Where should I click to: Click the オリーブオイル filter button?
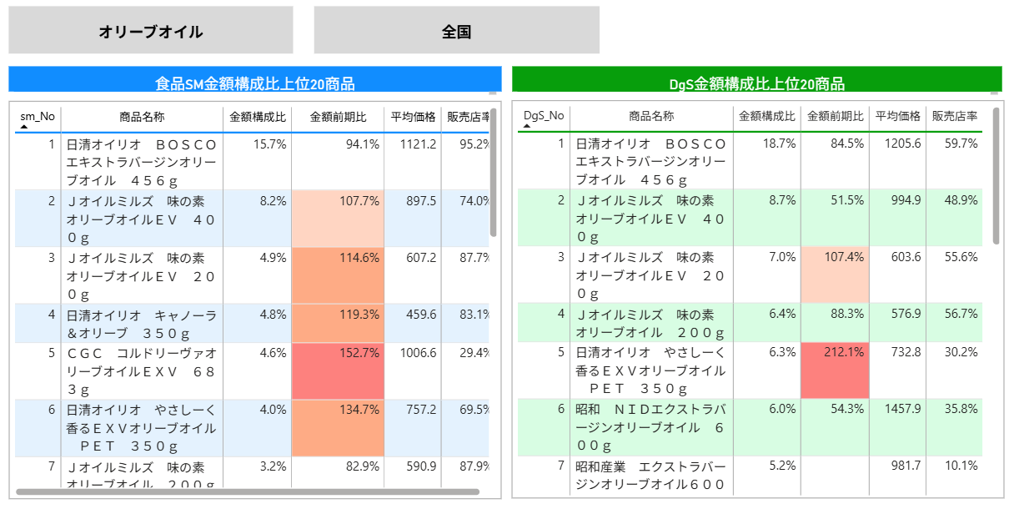pyautogui.click(x=151, y=31)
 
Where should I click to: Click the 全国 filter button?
pyautogui.click(x=456, y=31)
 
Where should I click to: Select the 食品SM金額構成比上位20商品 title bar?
pyautogui.click(x=255, y=83)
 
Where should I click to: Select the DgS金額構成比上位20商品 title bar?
pyautogui.click(x=756, y=83)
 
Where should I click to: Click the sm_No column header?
pyautogui.click(x=38, y=116)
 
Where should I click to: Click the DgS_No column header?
pyautogui.click(x=544, y=116)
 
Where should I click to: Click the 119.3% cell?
pyautogui.click(x=338, y=315)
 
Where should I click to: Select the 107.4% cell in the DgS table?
pyautogui.click(x=835, y=257)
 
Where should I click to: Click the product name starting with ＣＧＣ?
pyautogui.click(x=142, y=370)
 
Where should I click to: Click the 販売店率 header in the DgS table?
pyautogui.click(x=954, y=116)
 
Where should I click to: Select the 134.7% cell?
pyautogui.click(x=338, y=410)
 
